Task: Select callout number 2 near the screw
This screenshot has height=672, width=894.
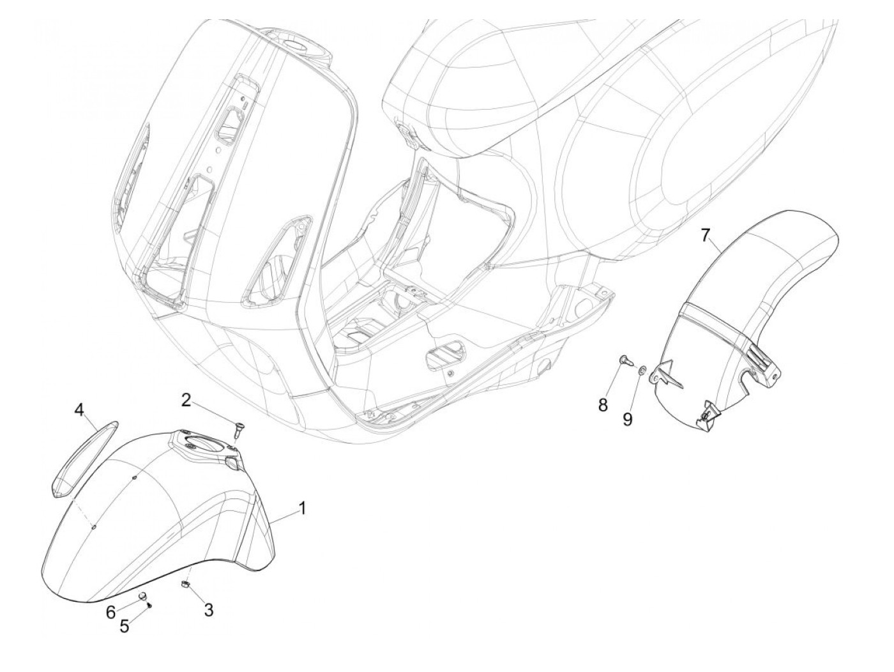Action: click(186, 401)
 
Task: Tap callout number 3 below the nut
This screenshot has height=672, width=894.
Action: click(208, 610)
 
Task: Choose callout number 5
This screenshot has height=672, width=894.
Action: click(125, 626)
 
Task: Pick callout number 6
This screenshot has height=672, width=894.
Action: click(111, 612)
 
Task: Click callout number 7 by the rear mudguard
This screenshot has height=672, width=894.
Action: click(704, 235)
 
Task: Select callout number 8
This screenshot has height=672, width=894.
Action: click(603, 404)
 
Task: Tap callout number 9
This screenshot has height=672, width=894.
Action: click(628, 419)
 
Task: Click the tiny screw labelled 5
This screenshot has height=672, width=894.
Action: click(149, 606)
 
